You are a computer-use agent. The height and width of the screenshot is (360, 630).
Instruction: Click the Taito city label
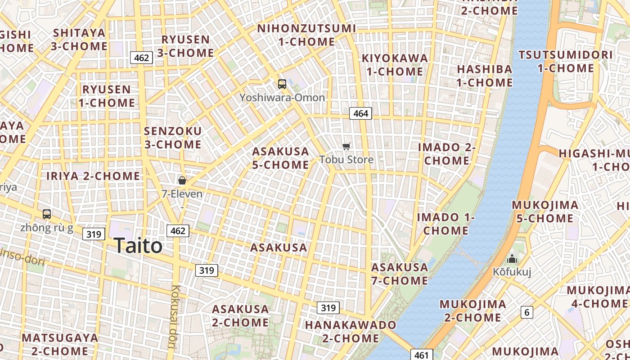click(138, 246)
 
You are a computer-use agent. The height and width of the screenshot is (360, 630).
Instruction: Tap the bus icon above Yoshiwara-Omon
click(282, 84)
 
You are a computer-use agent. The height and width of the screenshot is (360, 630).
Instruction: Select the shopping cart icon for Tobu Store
click(346, 146)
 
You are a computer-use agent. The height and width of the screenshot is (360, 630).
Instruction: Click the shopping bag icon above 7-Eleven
click(182, 180)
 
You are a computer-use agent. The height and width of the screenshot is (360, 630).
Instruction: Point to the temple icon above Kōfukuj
click(512, 259)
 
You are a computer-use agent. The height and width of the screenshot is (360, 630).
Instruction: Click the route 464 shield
click(360, 113)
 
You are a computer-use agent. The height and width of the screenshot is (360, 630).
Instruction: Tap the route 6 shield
click(526, 312)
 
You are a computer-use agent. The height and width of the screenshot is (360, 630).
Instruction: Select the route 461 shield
click(421, 355)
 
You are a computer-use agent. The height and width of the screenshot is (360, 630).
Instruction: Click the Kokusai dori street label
click(175, 317)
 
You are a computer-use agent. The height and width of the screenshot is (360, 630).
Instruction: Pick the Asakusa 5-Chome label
click(280, 158)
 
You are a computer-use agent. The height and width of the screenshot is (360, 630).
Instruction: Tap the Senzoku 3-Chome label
click(173, 138)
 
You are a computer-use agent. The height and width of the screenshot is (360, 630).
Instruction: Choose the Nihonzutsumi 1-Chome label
click(306, 35)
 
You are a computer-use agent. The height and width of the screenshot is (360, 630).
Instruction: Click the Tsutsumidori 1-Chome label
click(566, 62)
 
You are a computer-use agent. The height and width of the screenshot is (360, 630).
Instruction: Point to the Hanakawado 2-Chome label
click(351, 331)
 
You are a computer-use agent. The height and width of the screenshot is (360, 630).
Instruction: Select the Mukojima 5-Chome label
click(545, 211)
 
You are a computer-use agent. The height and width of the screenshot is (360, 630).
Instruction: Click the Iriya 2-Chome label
click(93, 176)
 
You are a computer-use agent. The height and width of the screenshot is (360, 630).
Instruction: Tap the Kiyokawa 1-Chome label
click(395, 65)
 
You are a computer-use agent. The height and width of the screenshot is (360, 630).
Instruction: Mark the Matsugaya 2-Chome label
click(59, 344)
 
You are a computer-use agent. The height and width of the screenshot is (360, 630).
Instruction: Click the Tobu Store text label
click(346, 160)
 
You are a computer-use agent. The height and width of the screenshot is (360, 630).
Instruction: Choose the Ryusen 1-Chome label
click(107, 96)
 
